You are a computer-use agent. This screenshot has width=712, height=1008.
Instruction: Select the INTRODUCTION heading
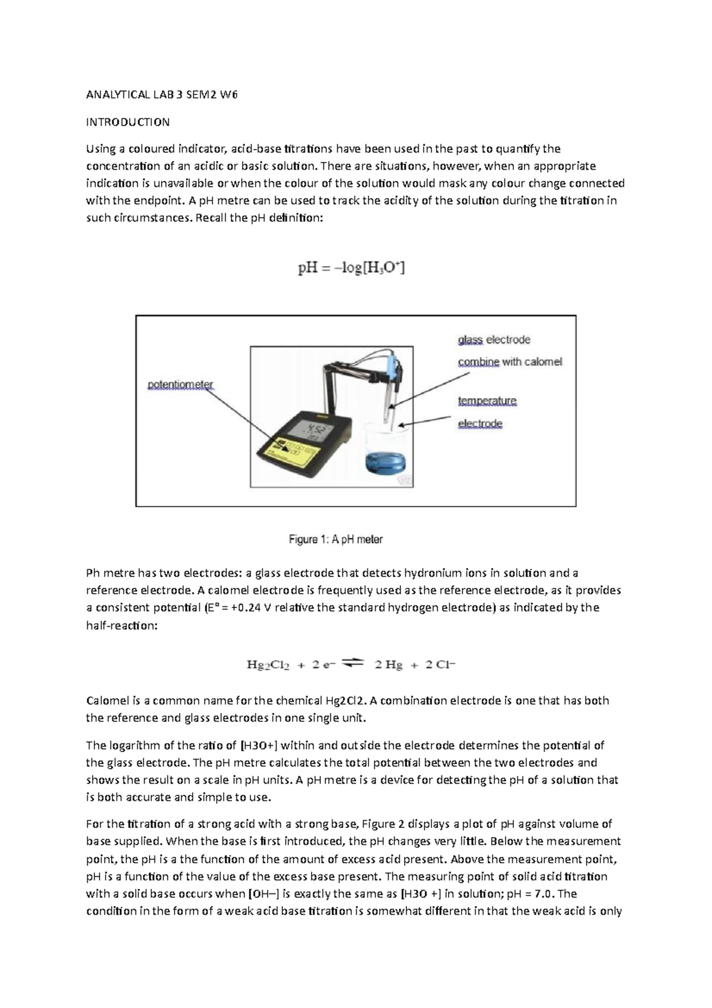point(128,122)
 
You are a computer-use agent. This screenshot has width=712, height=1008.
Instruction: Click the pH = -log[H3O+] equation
point(351,268)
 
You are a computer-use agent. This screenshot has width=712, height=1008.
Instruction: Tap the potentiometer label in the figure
point(180,385)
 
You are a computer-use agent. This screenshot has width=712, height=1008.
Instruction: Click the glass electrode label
point(494,340)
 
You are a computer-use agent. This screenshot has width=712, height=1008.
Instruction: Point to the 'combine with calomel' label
point(509,362)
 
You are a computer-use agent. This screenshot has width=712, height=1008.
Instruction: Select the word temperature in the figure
point(487,401)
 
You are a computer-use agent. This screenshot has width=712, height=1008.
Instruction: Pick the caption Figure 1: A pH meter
point(335,540)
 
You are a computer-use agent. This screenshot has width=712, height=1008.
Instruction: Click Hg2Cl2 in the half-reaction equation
point(268,665)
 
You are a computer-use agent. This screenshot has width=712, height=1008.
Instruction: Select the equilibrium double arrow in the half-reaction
point(352,664)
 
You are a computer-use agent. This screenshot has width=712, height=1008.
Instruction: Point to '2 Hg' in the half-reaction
point(388,665)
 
